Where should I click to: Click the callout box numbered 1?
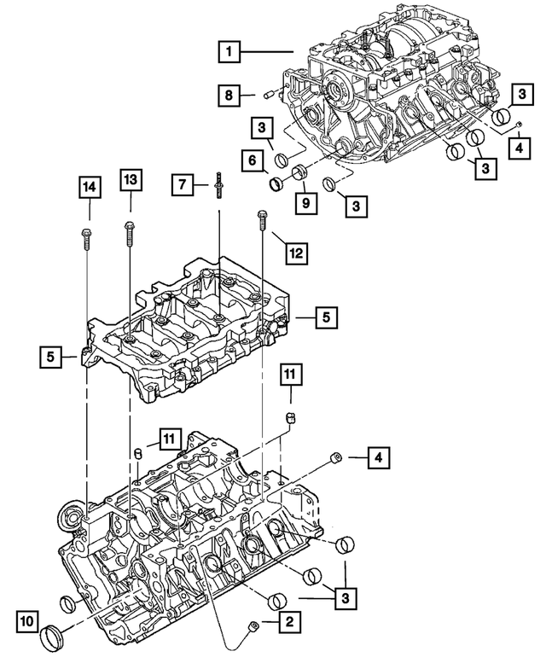point(228,52)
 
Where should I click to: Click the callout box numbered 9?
point(302,203)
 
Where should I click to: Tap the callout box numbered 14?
point(88,186)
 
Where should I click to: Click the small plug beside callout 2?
point(253,629)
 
